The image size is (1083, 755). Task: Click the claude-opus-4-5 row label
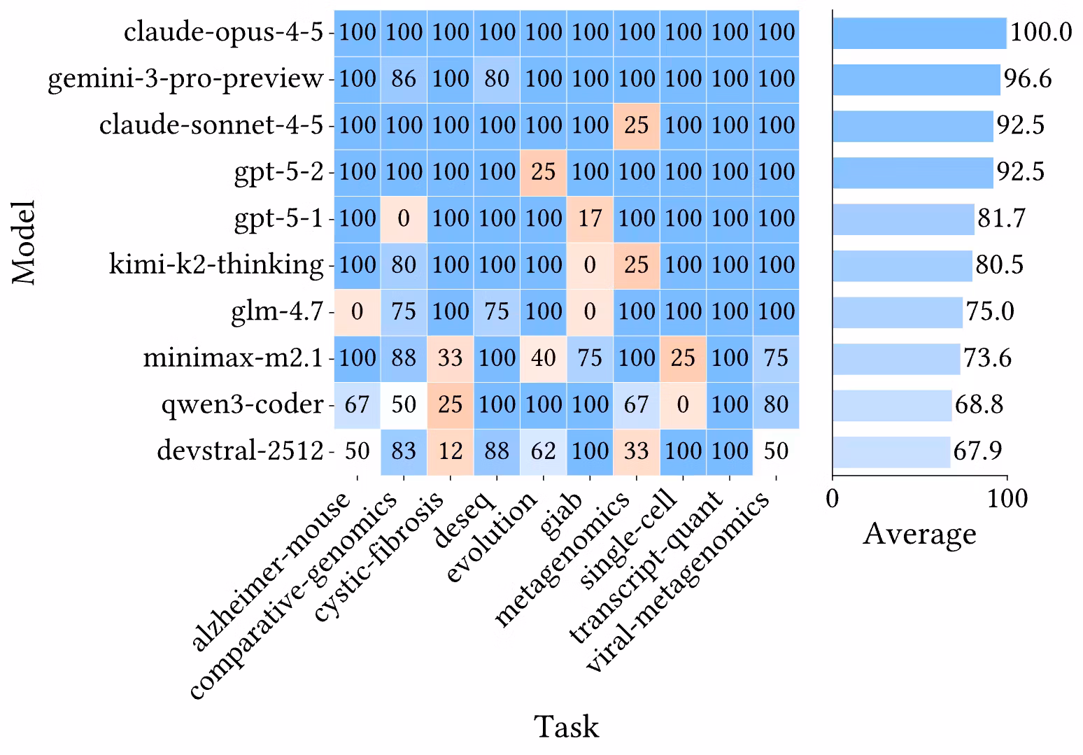click(x=223, y=32)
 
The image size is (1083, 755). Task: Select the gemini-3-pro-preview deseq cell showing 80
click(x=497, y=78)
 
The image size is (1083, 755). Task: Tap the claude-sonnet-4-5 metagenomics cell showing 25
click(x=636, y=125)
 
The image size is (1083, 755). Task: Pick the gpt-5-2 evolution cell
click(x=543, y=171)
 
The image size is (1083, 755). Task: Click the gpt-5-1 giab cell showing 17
click(x=590, y=218)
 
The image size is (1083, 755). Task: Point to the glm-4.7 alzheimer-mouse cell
click(x=357, y=311)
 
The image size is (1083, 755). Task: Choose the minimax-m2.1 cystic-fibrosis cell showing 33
click(x=450, y=358)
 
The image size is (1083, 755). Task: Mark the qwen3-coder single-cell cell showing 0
click(x=683, y=404)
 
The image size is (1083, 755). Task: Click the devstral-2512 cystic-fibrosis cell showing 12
click(x=450, y=451)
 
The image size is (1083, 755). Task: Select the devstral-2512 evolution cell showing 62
click(x=543, y=451)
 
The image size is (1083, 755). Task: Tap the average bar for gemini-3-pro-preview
click(x=916, y=79)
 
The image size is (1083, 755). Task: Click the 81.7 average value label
click(x=1001, y=218)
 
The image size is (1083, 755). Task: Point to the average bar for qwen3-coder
click(x=891, y=404)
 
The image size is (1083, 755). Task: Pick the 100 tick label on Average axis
click(x=1007, y=498)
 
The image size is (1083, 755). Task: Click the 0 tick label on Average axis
click(x=833, y=498)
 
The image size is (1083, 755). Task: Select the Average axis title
click(x=919, y=534)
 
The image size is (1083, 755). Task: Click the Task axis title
click(x=567, y=726)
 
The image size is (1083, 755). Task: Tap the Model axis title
click(x=25, y=241)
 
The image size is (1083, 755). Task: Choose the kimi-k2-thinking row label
click(x=216, y=265)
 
